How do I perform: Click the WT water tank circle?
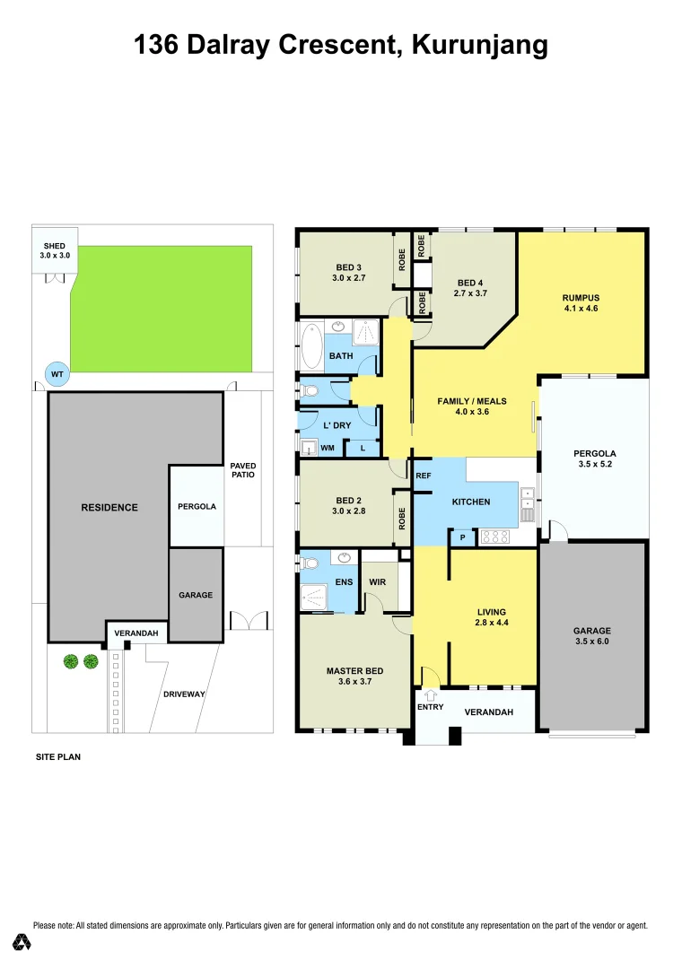tap(56, 372)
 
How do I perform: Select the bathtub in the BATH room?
tap(311, 345)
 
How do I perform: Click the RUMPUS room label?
tap(581, 298)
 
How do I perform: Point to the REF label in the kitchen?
tap(424, 476)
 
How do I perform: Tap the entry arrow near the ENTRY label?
tap(430, 694)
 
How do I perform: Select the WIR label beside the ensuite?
tap(378, 582)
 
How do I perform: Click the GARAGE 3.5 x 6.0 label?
tap(592, 636)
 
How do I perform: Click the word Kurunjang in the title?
tap(479, 45)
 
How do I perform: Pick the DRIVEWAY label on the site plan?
tap(183, 694)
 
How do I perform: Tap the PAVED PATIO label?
tap(243, 470)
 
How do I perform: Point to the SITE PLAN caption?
tap(57, 757)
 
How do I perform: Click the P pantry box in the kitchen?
tap(463, 537)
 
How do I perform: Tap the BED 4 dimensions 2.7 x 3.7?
tap(470, 292)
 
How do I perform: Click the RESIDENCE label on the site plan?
tap(109, 507)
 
